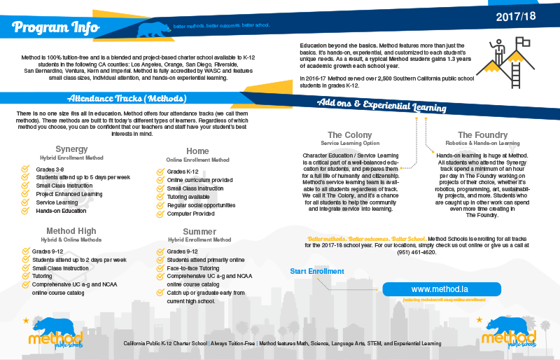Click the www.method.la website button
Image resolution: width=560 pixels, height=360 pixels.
pyautogui.click(x=441, y=289)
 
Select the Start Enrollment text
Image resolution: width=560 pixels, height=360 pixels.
pyautogui.click(x=317, y=271)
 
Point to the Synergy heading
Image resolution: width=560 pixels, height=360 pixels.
pyautogui.click(x=71, y=149)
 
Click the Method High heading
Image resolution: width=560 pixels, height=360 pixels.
pyautogui.click(x=71, y=231)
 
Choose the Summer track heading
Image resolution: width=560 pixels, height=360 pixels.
pyautogui.click(x=199, y=231)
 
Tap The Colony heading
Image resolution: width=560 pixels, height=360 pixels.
pyautogui.click(x=349, y=134)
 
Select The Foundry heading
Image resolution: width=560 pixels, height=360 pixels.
pyautogui.click(x=482, y=134)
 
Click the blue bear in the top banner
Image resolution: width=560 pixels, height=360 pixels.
pyautogui.click(x=155, y=29)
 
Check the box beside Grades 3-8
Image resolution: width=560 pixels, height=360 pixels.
pyautogui.click(x=25, y=169)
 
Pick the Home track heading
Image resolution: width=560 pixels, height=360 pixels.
pyautogui.click(x=197, y=151)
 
